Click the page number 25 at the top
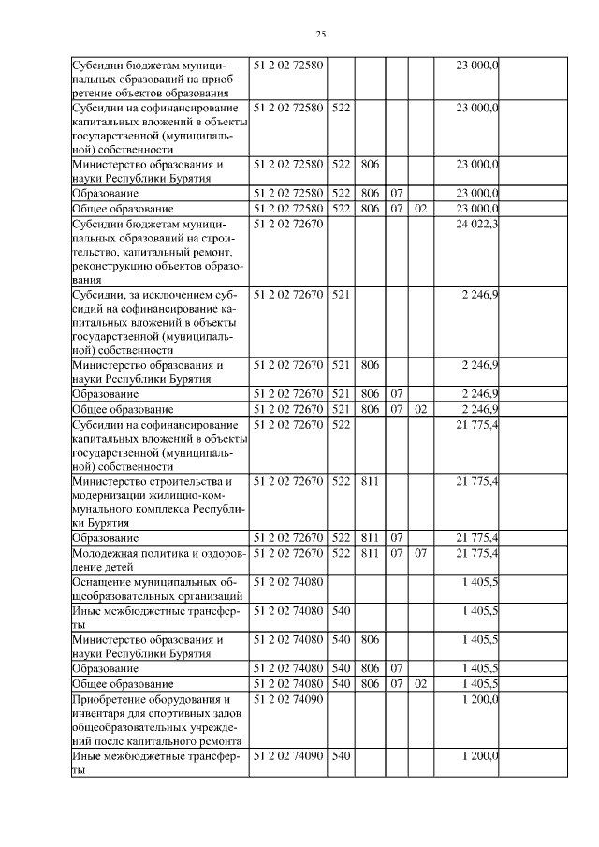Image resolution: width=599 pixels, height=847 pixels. click(320, 35)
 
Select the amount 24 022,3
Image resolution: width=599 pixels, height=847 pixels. click(476, 224)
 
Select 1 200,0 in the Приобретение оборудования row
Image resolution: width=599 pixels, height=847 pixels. click(480, 701)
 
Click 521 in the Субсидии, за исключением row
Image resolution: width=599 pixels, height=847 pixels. click(341, 295)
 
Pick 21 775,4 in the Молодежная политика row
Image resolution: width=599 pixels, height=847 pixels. click(476, 554)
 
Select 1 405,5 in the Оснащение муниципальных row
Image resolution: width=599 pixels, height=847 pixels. click(480, 582)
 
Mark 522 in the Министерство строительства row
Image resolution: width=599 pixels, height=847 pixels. click(341, 481)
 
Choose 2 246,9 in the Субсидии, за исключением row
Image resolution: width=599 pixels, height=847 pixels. click(480, 295)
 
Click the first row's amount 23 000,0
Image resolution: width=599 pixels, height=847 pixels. click(476, 66)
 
